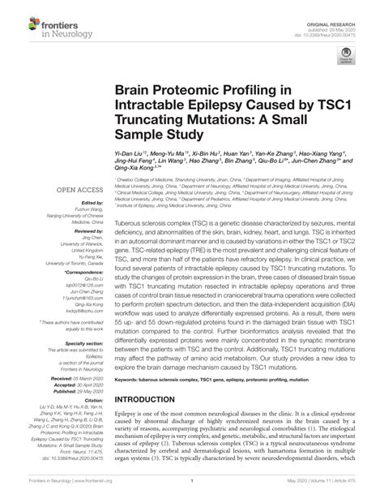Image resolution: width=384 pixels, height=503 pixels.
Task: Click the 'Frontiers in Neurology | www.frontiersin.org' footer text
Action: pyautogui.click(x=67, y=492)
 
